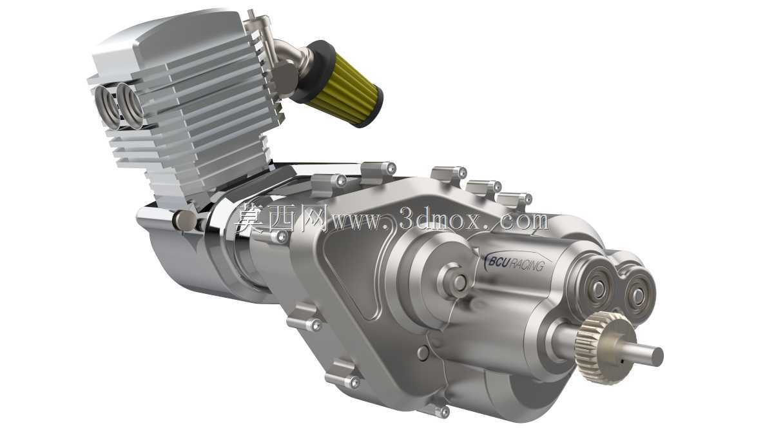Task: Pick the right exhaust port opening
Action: pyautogui.click(x=130, y=104)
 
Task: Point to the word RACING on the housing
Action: pyautogui.click(x=527, y=264)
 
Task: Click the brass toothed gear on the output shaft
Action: pyautogui.click(x=601, y=347)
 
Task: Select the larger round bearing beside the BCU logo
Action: pyautogui.click(x=596, y=288)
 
